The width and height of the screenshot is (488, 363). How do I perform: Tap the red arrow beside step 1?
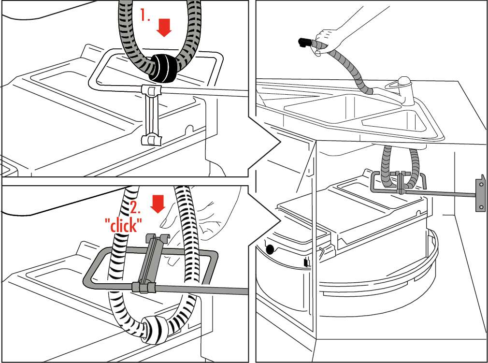165,28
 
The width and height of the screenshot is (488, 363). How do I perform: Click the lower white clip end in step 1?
150,140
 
